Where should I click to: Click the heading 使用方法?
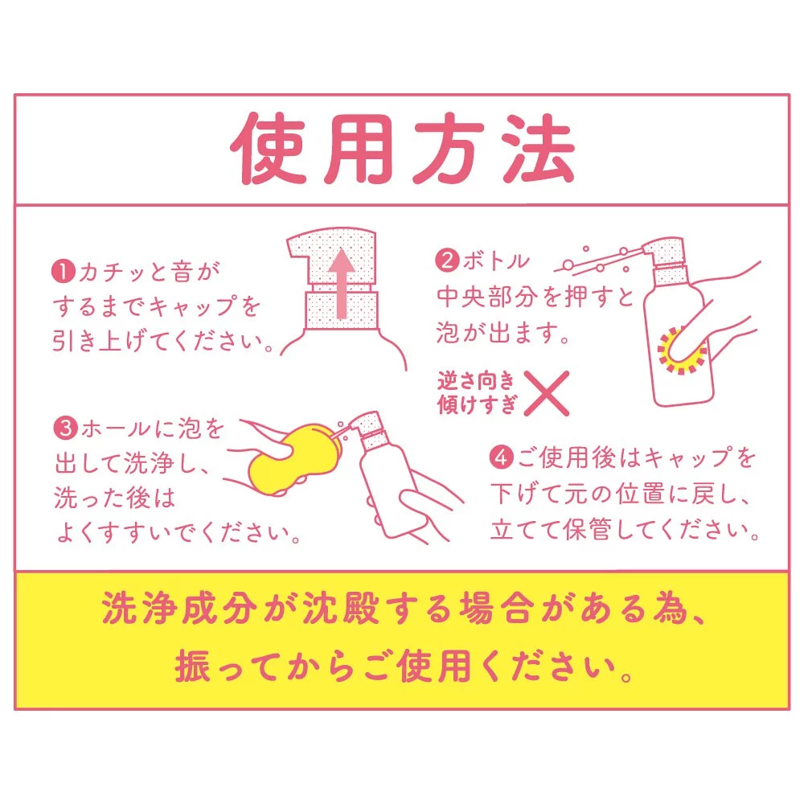(x=403, y=148)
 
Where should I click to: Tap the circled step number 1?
(x=64, y=271)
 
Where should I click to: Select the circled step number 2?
(x=447, y=260)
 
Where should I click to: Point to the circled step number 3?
(x=66, y=429)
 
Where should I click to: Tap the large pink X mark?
(x=546, y=393)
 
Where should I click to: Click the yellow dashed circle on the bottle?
(x=682, y=351)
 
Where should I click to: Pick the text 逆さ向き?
(x=475, y=381)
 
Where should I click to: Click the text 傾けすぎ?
(x=477, y=404)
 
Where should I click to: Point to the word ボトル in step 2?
(x=496, y=261)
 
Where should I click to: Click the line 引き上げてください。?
(x=164, y=341)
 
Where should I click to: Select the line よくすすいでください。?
(x=178, y=533)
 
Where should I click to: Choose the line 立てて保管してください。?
(x=625, y=529)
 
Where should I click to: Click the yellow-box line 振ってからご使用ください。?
(x=404, y=666)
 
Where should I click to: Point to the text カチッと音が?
(x=149, y=272)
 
